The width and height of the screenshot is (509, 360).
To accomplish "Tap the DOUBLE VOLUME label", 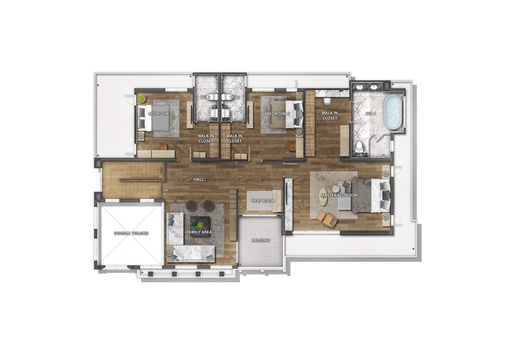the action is [x=131, y=233].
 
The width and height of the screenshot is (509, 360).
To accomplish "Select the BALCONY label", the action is [x=260, y=240].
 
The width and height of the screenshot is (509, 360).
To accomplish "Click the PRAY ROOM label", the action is [x=263, y=201].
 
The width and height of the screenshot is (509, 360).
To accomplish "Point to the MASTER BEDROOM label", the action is [x=339, y=195].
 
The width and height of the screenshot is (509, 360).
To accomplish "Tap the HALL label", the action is [x=199, y=180].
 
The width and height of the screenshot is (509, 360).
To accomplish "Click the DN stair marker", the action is [x=165, y=190].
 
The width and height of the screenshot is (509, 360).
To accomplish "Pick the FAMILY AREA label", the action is [x=199, y=232].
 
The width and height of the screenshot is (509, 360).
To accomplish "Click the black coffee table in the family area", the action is [x=200, y=226].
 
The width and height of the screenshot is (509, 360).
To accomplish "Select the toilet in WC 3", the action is [x=212, y=98].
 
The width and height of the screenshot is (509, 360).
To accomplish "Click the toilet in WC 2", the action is [x=226, y=98].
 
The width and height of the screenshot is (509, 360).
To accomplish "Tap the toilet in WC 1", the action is [x=359, y=147].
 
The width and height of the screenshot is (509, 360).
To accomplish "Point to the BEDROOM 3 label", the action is [x=160, y=114].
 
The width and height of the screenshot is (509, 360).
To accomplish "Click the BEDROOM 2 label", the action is [x=278, y=114].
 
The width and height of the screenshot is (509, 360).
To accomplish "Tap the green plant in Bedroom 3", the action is [x=142, y=98].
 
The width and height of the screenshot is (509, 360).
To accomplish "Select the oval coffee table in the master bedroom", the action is [x=323, y=197].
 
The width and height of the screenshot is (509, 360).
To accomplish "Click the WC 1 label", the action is [x=370, y=114].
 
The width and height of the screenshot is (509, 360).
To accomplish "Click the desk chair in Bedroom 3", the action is [x=163, y=146].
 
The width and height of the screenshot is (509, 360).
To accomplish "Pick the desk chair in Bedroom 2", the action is [x=292, y=147].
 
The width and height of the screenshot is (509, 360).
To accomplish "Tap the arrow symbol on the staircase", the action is [x=161, y=170].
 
